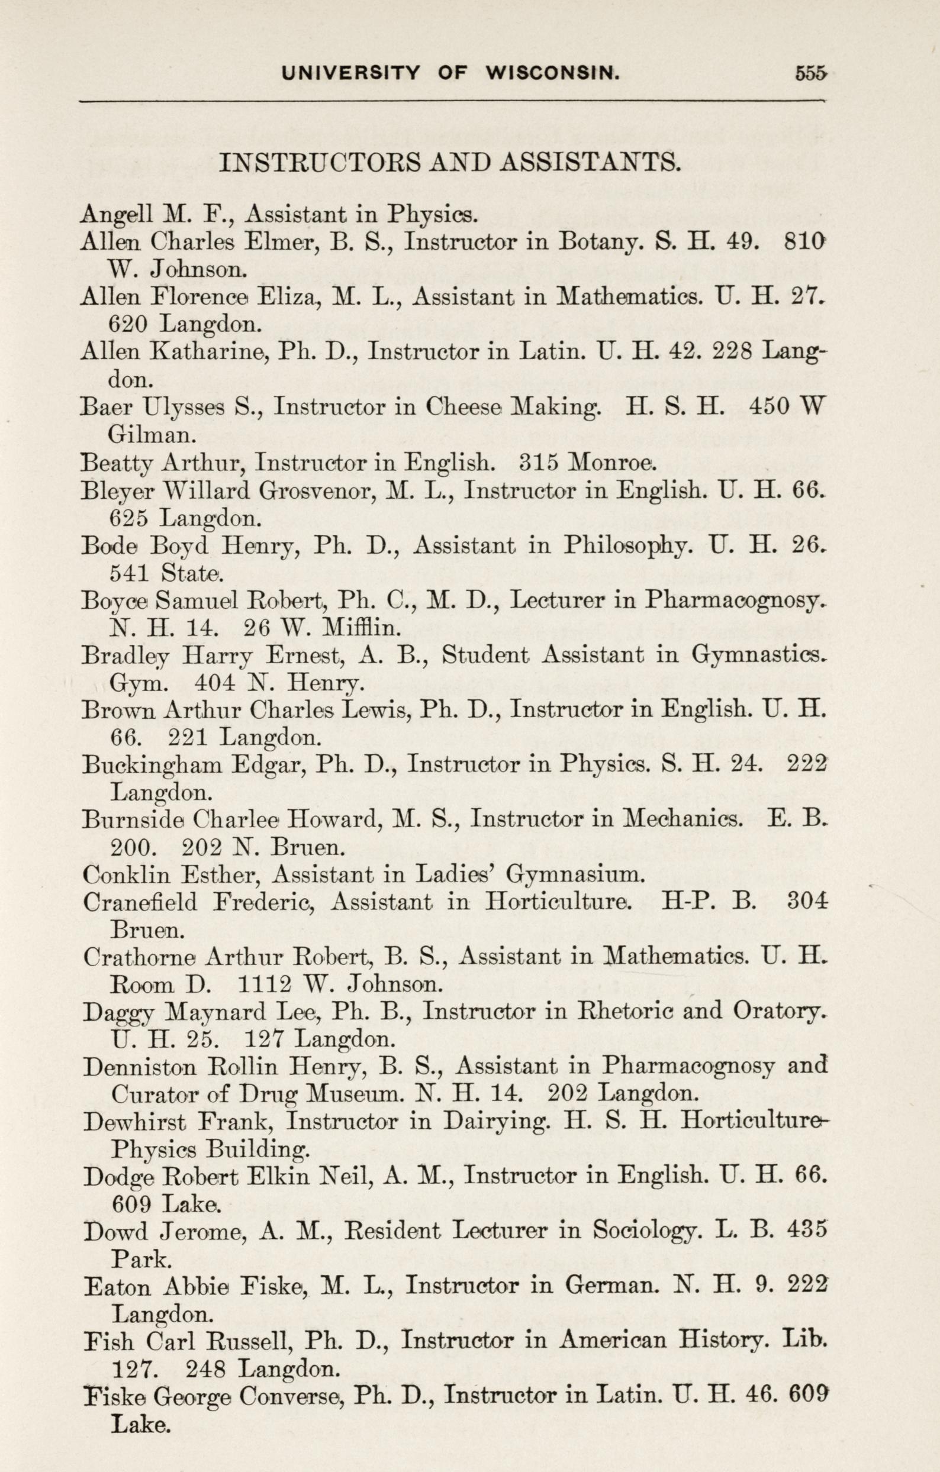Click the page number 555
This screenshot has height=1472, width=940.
(x=810, y=73)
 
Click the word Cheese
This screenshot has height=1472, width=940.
(x=464, y=407)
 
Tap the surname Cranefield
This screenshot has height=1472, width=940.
(x=140, y=902)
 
